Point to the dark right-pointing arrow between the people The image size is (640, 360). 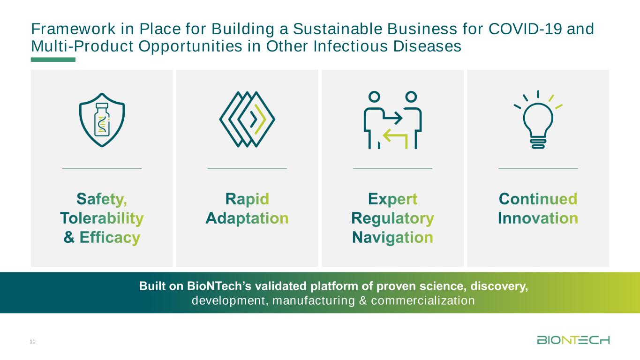[393, 118]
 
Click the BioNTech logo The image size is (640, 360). [573, 340]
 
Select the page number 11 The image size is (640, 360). [32, 341]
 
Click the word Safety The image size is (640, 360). [102, 199]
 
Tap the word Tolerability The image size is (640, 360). [102, 218]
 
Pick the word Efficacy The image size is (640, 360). [110, 238]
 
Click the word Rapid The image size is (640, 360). [247, 199]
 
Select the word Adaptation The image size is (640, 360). [247, 218]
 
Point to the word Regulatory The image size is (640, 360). [392, 218]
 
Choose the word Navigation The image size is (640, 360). [392, 238]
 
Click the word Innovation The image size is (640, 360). [538, 218]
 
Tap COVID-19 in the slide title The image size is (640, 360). [525, 29]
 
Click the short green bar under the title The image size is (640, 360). [53, 60]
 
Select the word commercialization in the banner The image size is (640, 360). [423, 300]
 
